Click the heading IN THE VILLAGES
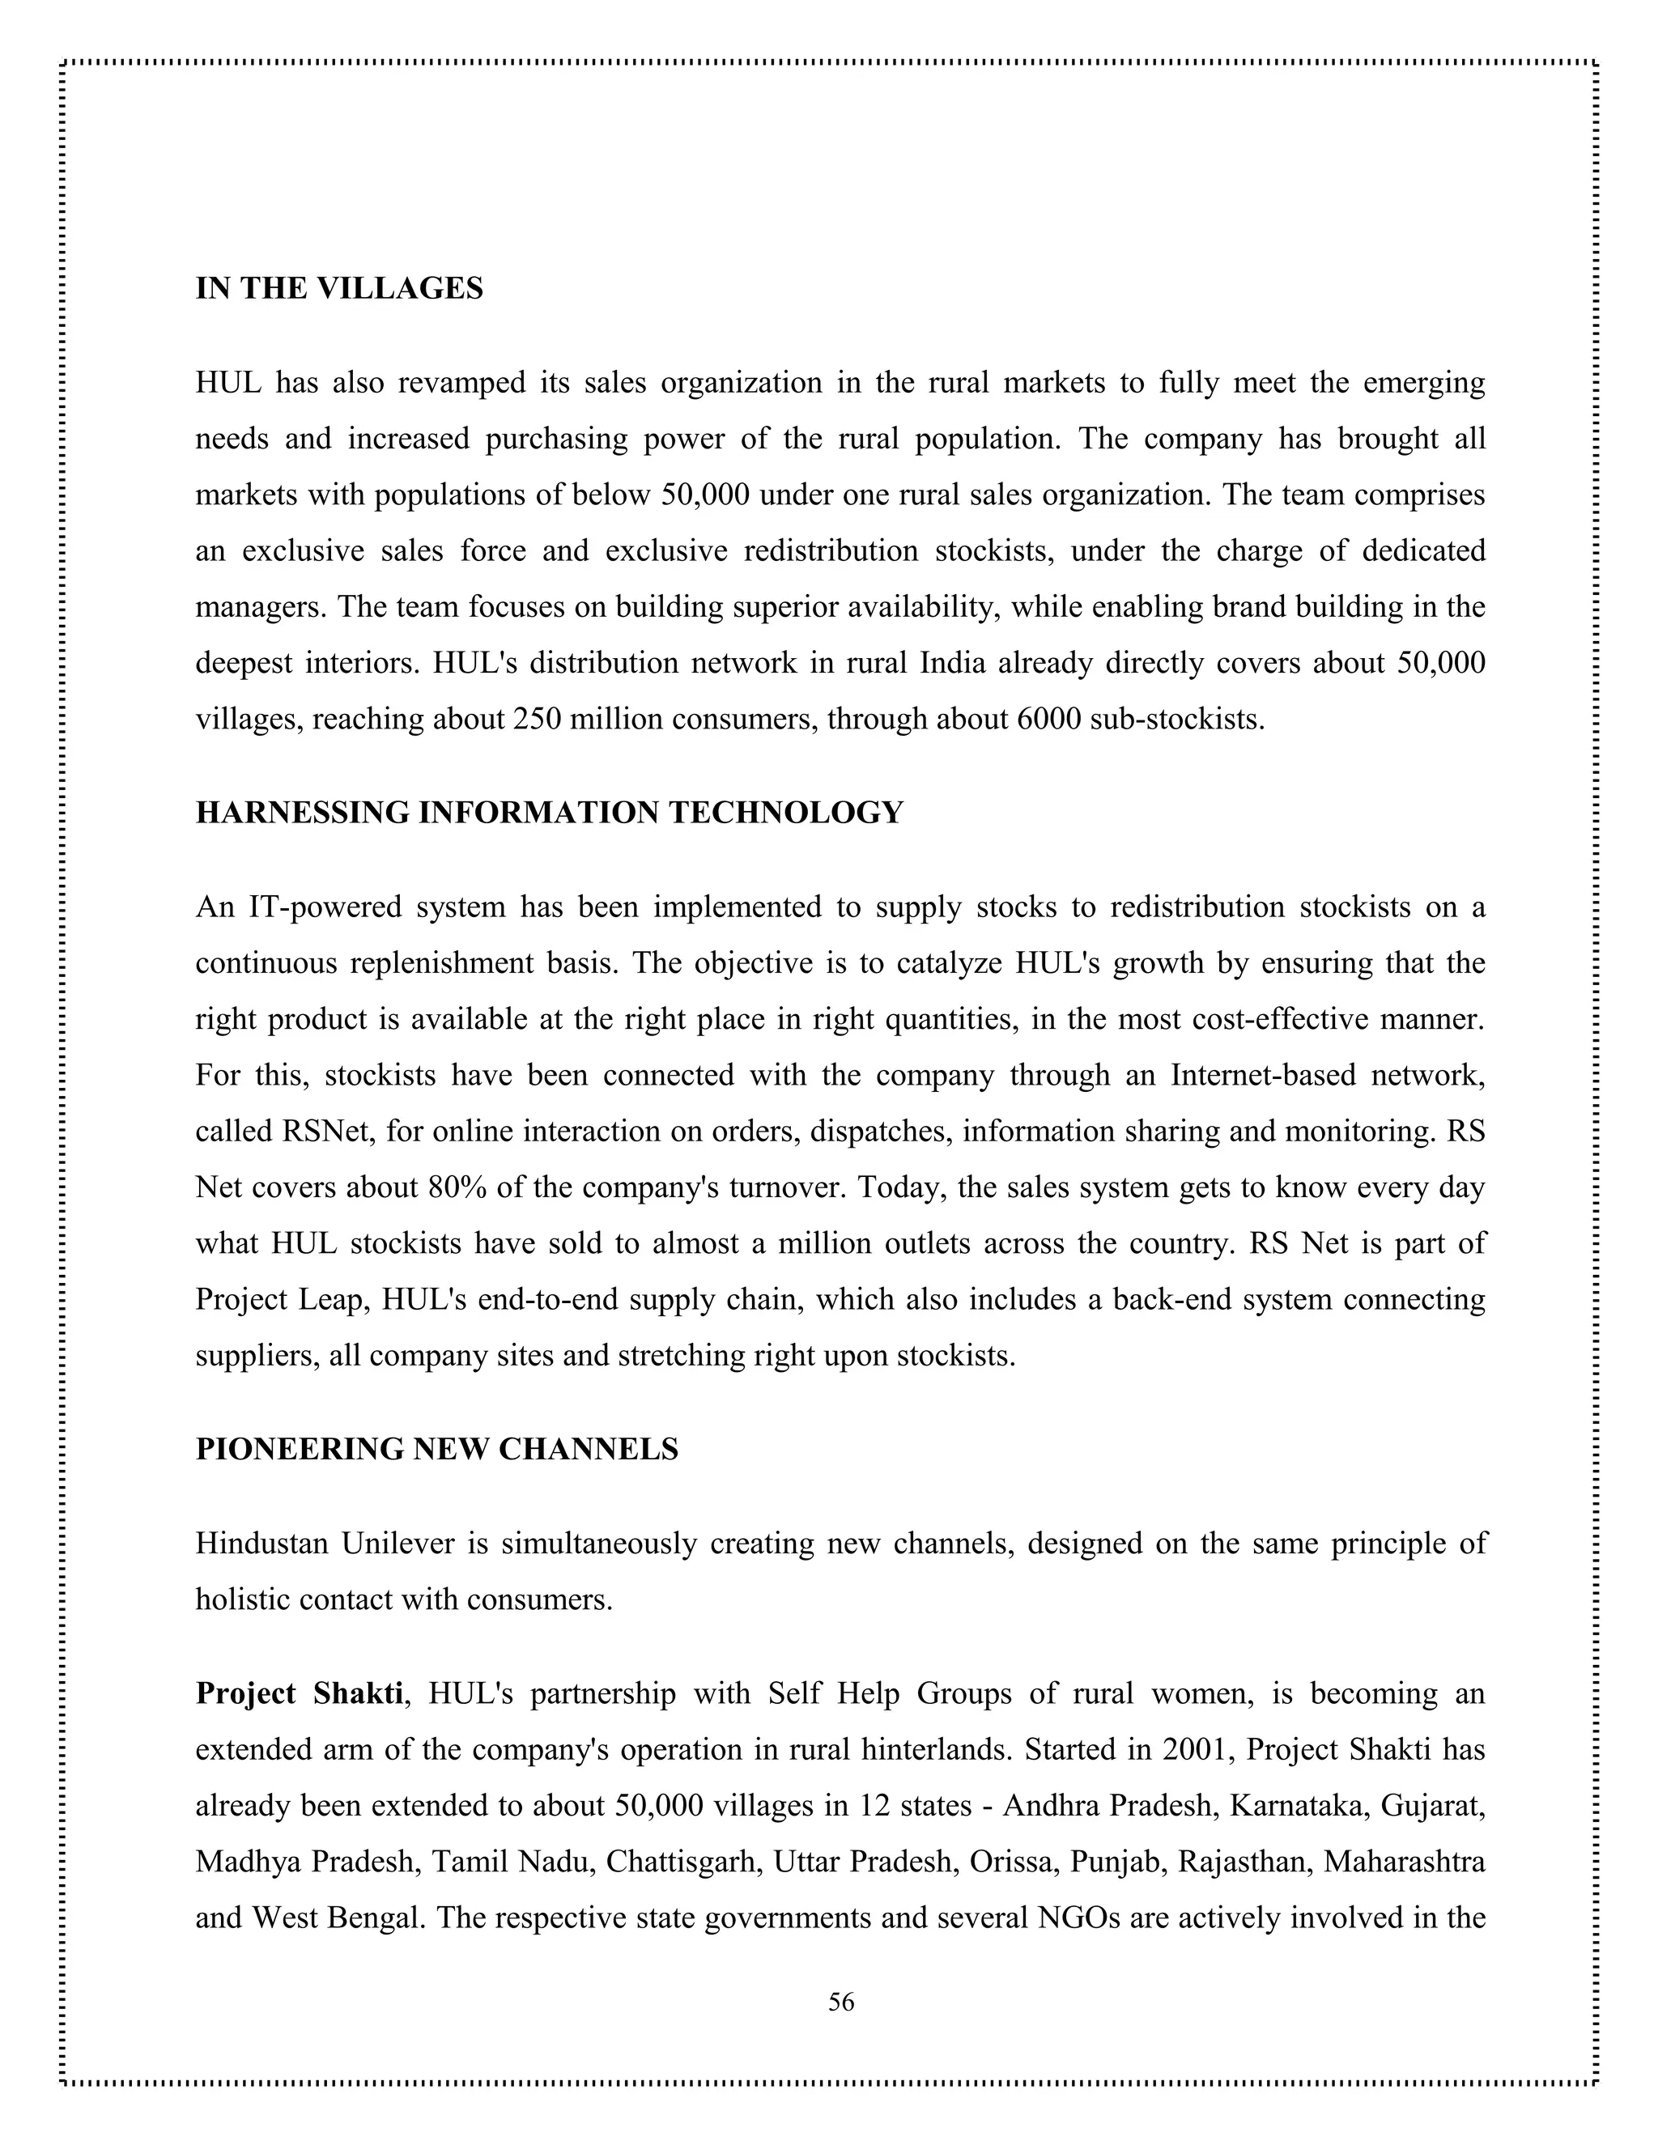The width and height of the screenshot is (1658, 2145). (x=339, y=289)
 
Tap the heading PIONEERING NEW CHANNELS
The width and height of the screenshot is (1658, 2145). (x=436, y=1450)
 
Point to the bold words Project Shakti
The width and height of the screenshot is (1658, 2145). (x=299, y=1693)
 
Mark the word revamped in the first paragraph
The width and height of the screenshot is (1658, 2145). (x=461, y=383)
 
